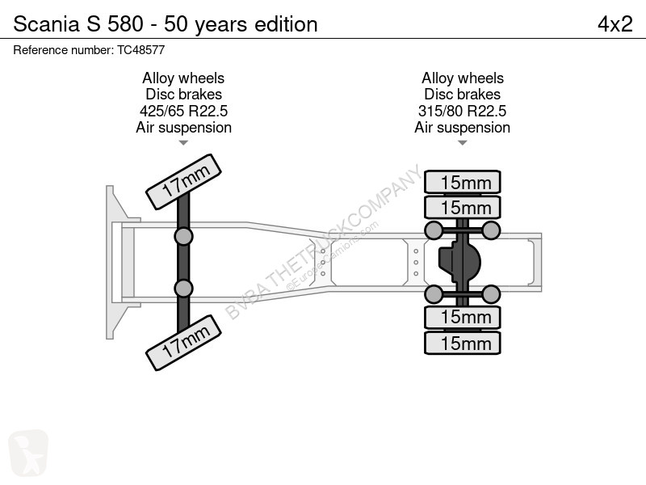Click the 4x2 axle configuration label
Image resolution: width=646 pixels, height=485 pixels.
coord(615,24)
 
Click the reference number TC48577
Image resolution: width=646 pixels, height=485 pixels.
coord(141,50)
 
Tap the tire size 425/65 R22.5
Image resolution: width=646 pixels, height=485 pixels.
coord(184,111)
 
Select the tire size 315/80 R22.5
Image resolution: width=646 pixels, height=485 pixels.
coord(462,111)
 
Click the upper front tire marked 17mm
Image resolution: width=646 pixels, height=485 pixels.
coord(184,181)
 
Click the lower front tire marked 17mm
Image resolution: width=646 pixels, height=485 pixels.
coord(184,343)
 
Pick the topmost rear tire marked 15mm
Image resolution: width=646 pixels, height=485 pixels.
coord(462,182)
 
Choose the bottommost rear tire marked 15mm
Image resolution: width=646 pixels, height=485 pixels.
coord(462,343)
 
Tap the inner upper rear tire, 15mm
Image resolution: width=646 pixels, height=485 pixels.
coord(462,207)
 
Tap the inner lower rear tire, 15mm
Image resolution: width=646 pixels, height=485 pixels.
coord(462,318)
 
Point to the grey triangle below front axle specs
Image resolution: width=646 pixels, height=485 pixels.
coord(183,143)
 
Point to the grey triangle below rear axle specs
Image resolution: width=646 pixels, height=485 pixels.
coord(462,143)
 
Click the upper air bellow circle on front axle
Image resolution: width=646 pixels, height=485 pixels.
coord(183,237)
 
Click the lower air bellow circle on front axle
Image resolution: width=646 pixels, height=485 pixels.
coord(183,289)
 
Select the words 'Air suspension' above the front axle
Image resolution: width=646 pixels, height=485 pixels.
coord(184,128)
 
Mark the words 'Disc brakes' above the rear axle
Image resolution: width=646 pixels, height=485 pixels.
coord(462,95)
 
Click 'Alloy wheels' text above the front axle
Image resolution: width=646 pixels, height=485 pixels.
coord(183,78)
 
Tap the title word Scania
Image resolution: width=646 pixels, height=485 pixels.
coord(47,24)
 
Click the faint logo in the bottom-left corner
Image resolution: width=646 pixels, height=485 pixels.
coord(28,453)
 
